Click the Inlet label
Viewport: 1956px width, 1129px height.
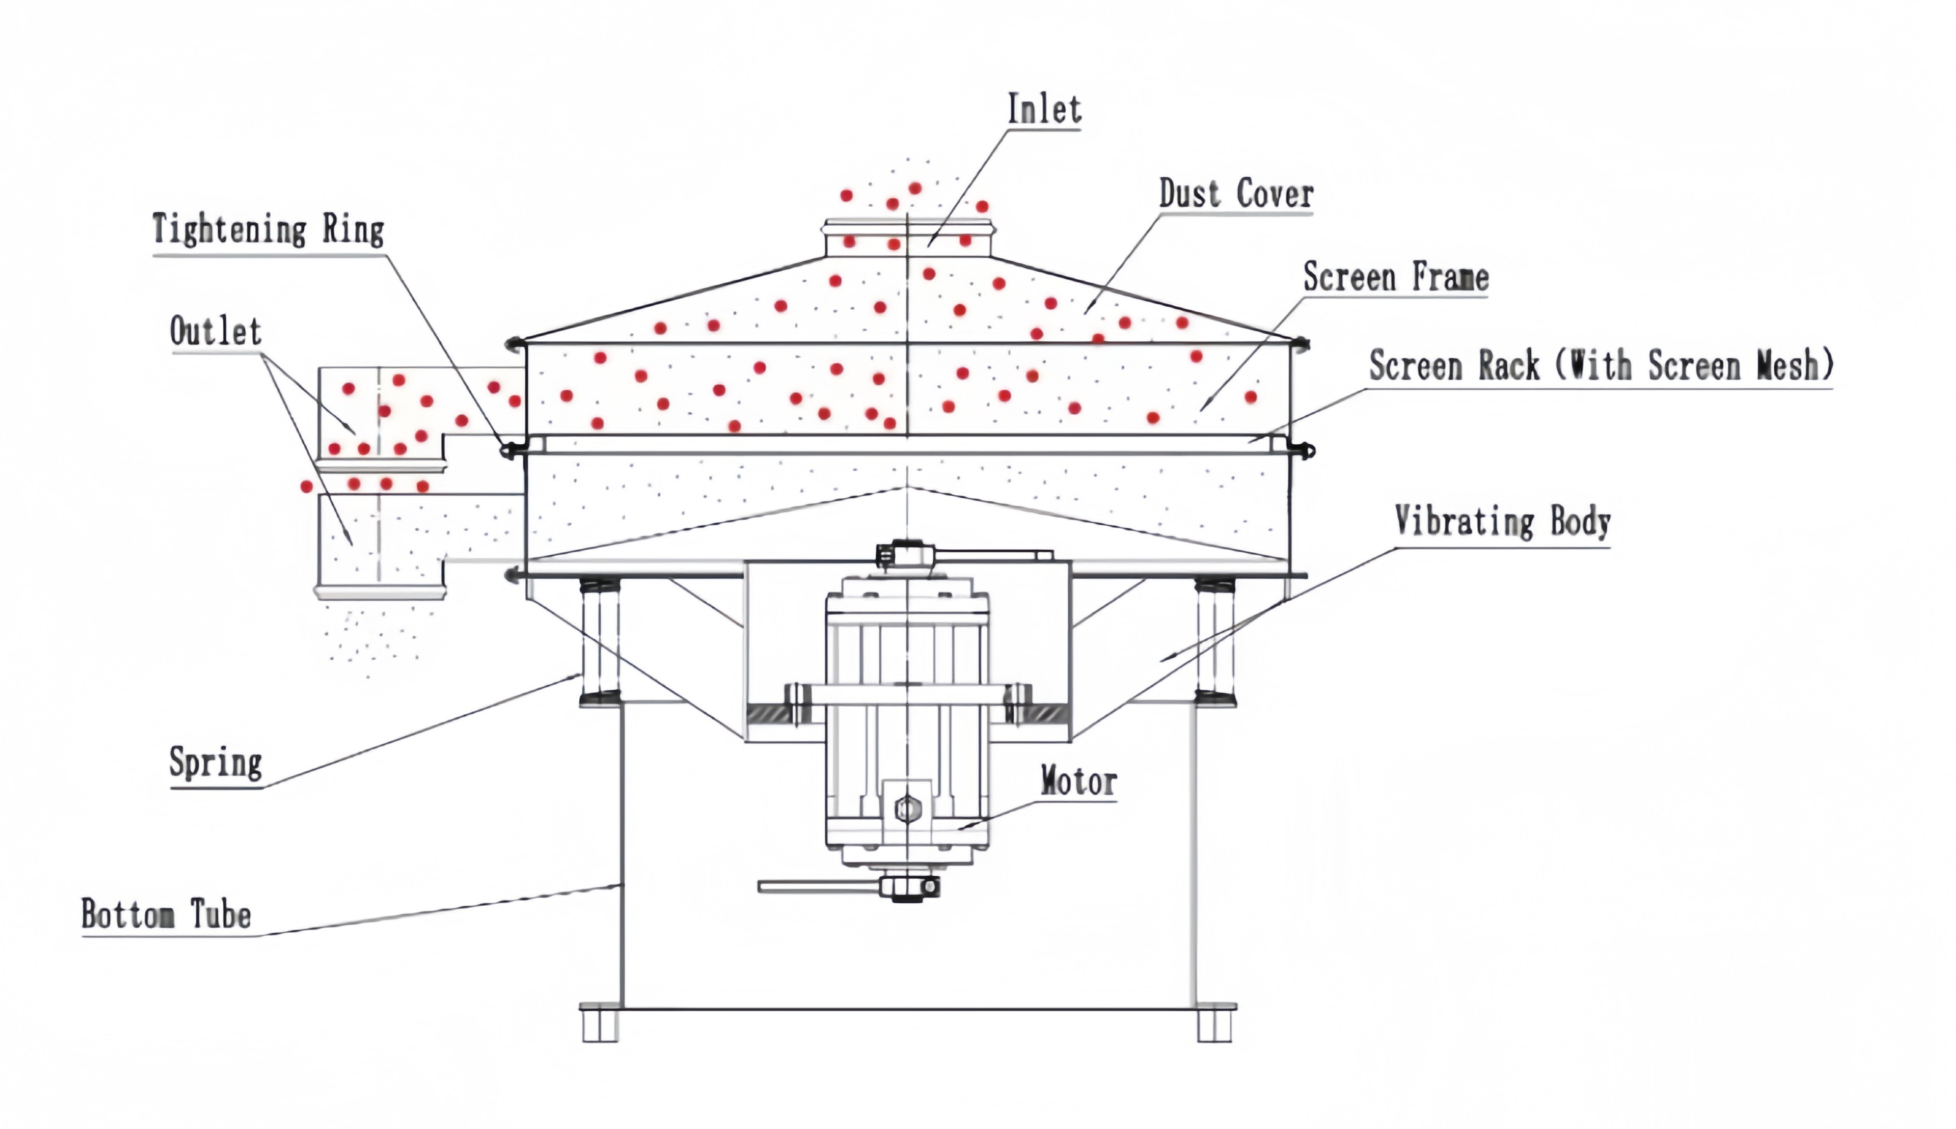click(x=1044, y=109)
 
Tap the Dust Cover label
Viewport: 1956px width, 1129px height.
click(x=1236, y=194)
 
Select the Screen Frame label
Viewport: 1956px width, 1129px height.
click(x=1395, y=277)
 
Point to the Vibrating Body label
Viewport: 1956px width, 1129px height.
click(x=1502, y=522)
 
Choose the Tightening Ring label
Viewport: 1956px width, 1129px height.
click(x=268, y=230)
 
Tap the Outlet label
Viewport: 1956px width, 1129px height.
click(x=215, y=332)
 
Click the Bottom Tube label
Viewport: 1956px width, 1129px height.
click(x=166, y=915)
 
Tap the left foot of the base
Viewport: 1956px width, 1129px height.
click(x=599, y=1024)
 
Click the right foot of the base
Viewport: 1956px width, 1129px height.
click(x=1215, y=1024)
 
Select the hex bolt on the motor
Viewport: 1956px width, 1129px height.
click(x=903, y=809)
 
